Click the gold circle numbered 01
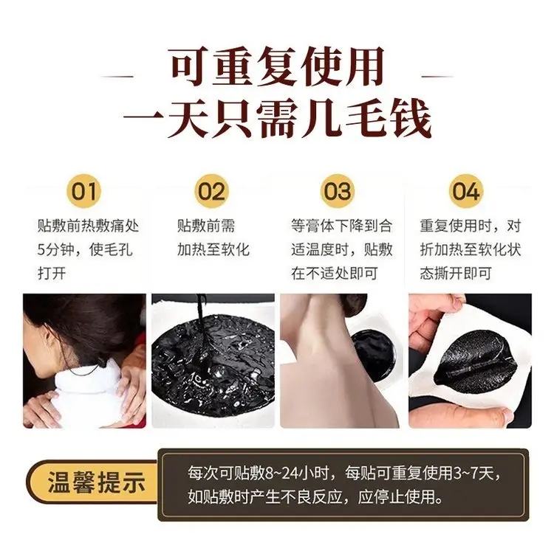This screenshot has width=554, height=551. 83,191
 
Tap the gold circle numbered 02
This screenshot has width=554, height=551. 211,191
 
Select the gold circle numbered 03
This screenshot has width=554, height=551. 338,191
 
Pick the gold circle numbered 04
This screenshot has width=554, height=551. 465,191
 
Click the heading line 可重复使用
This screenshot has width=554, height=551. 277,67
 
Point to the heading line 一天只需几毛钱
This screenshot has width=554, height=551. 278,118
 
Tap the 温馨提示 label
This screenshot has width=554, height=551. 97,482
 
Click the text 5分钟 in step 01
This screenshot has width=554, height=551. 55,250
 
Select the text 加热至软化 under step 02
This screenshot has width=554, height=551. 213,250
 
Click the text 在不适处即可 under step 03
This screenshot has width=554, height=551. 335,274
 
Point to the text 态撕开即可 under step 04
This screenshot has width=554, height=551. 456,274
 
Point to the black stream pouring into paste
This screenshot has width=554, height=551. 202,332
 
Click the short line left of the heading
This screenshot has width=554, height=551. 117,76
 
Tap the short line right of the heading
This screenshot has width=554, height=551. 437,76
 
